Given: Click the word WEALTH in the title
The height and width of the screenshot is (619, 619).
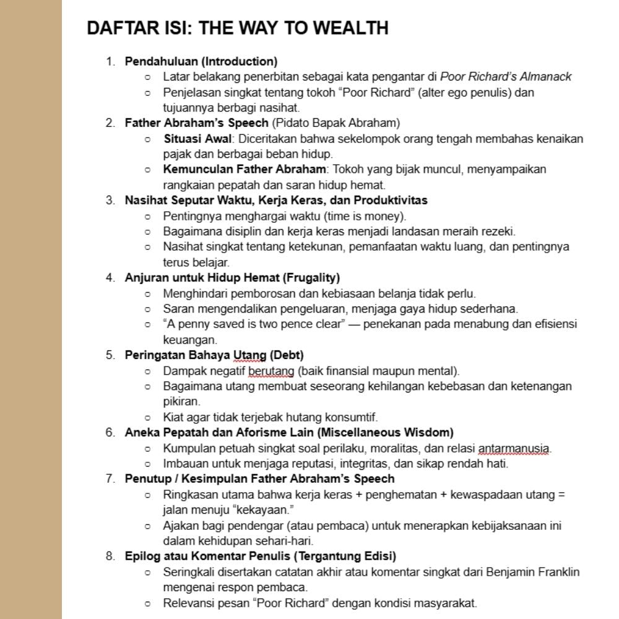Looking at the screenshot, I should [350, 28].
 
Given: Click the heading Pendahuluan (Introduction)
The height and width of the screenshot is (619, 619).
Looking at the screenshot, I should [201, 61].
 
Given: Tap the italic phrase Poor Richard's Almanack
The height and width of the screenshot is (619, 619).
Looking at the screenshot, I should [506, 77].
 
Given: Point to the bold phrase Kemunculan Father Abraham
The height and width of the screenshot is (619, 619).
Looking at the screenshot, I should [245, 169].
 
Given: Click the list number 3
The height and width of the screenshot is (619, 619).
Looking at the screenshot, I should [110, 200].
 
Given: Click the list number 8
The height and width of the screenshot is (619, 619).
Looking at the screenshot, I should [110, 556].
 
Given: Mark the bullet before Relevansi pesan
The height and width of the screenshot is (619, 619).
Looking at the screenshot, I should [147, 603].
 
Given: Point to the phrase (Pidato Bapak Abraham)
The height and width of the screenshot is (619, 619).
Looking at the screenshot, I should [335, 123].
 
